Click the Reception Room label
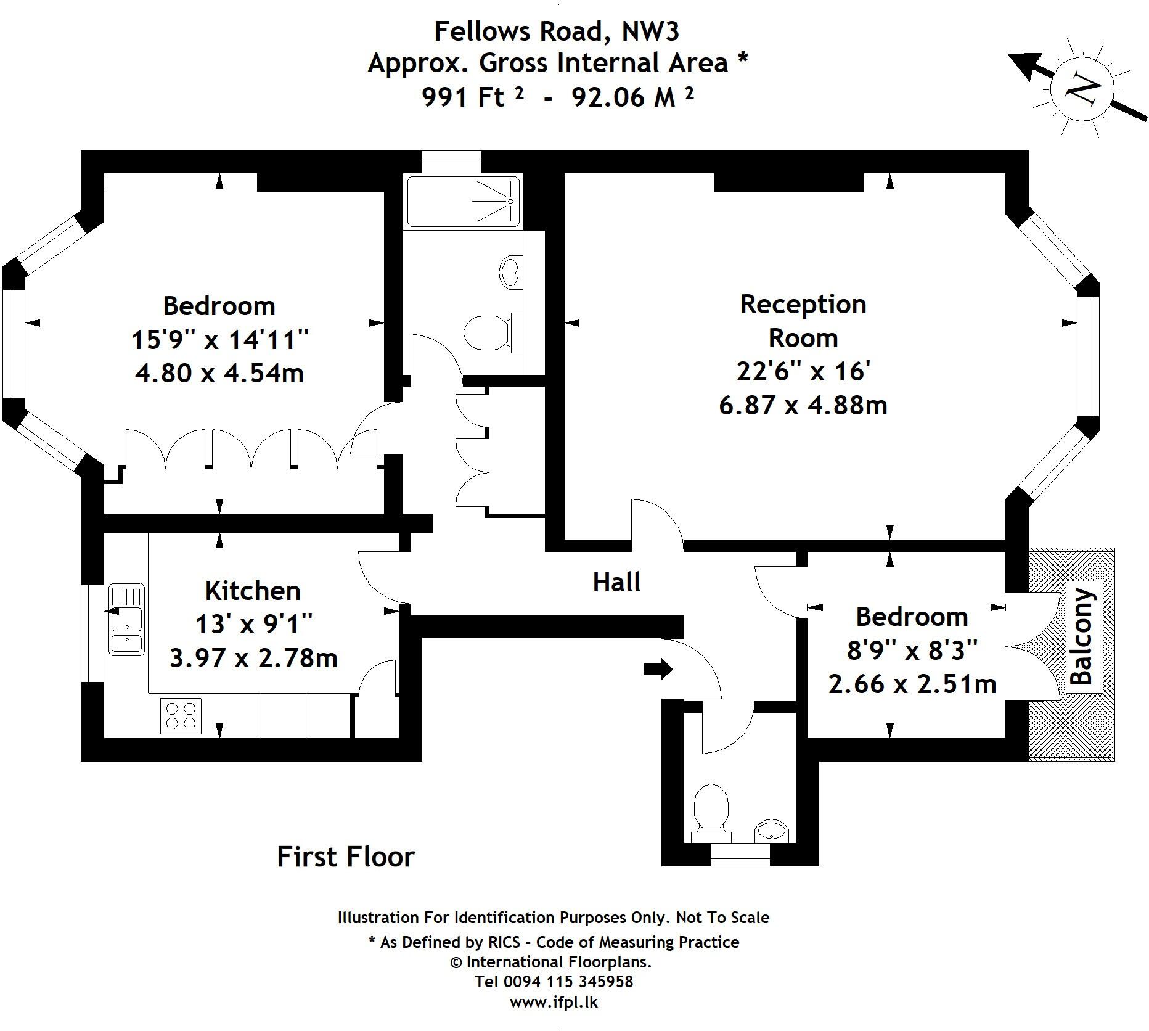pyautogui.click(x=803, y=321)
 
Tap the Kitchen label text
pyautogui.click(x=253, y=591)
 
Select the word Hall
pyautogui.click(x=616, y=582)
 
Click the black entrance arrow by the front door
pyautogui.click(x=658, y=668)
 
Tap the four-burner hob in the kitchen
pyautogui.click(x=181, y=716)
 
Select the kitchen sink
pyautogui.click(x=126, y=619)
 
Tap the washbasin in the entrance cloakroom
pyautogui.click(x=771, y=830)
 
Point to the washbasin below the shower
pyautogui.click(x=509, y=271)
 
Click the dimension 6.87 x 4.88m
pyautogui.click(x=803, y=405)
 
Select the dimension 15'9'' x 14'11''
pyautogui.click(x=219, y=340)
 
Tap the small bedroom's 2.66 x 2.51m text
pyautogui.click(x=912, y=684)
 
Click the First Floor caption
pyautogui.click(x=346, y=856)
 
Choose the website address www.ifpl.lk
pyautogui.click(x=554, y=1002)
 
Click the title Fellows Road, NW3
pyautogui.click(x=557, y=31)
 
